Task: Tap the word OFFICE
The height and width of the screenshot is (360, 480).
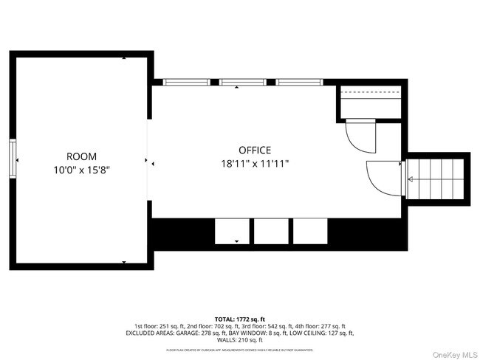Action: [x=254, y=150]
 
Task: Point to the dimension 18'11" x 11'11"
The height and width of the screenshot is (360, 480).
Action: [x=254, y=164]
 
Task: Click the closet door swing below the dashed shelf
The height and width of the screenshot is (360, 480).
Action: [x=360, y=135]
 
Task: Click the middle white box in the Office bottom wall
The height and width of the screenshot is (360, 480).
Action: [x=271, y=231]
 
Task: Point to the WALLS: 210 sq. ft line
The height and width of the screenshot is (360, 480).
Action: [x=239, y=340]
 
